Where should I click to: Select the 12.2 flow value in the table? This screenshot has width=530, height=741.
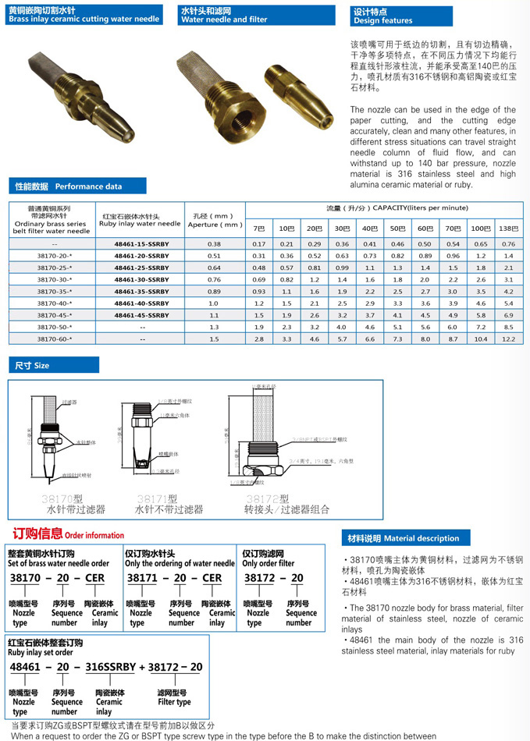click(508, 339)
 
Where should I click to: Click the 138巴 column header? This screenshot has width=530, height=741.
click(508, 229)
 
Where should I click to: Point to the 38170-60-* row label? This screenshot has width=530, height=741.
click(49, 339)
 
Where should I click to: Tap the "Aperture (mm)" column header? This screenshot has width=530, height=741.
click(215, 219)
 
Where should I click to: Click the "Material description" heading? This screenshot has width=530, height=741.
click(410, 538)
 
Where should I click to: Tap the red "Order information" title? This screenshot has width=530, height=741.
click(68, 535)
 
